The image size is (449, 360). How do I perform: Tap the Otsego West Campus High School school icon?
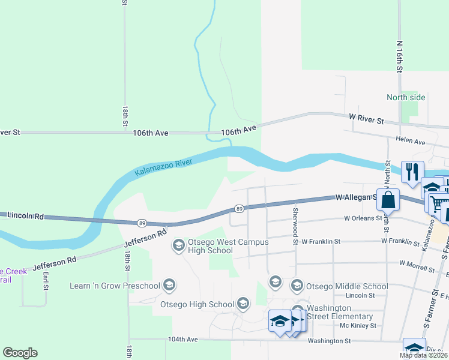[x=178, y=245]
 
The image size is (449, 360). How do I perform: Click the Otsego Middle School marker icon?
[x=297, y=286]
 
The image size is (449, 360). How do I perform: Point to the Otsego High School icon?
[x=243, y=304]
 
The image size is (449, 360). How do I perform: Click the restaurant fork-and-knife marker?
[x=412, y=171]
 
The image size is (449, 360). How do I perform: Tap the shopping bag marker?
[x=388, y=200]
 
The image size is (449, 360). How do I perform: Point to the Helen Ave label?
[x=411, y=142]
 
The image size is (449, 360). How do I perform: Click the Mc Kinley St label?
[x=358, y=325]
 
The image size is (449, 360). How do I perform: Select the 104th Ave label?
[x=183, y=339]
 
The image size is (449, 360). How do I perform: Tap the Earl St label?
[x=46, y=281]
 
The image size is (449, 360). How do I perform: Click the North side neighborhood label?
[x=406, y=97]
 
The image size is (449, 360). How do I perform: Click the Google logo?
[x=20, y=353]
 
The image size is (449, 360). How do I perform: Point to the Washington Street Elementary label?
[x=340, y=312]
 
